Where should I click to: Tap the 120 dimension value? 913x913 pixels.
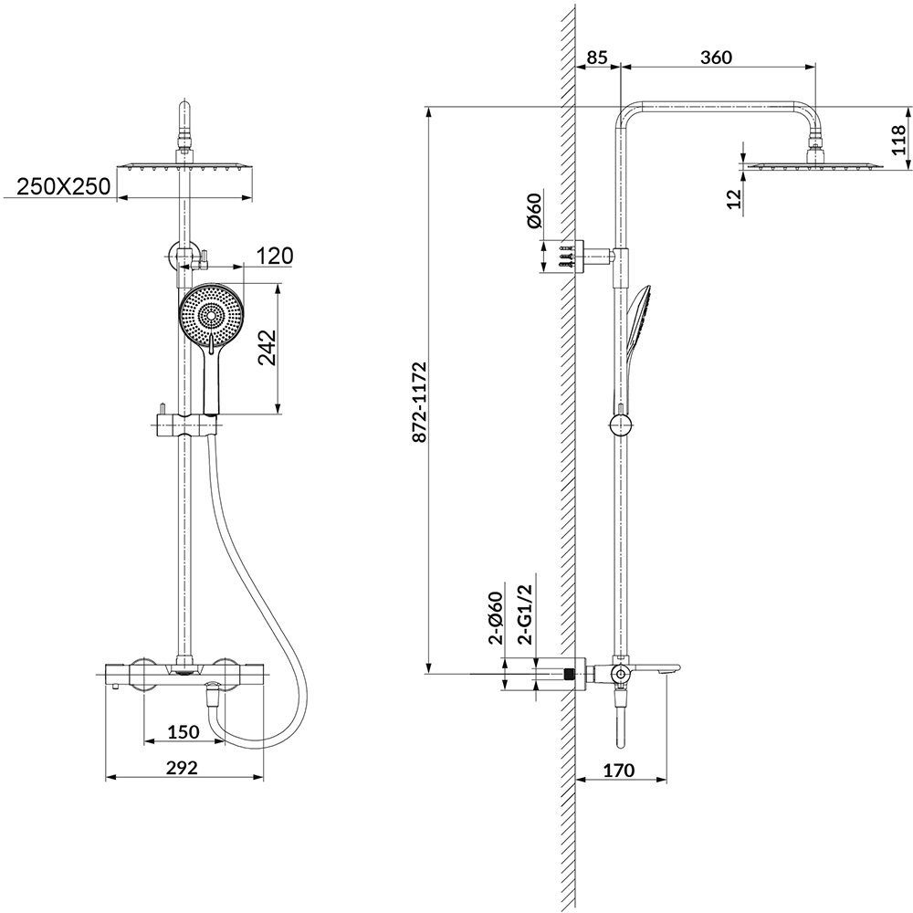click(x=274, y=256)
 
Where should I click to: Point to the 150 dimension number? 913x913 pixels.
click(x=183, y=731)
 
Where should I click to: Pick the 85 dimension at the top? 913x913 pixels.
click(x=598, y=57)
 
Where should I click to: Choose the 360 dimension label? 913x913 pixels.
click(x=715, y=57)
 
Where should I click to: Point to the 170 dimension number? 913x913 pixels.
click(x=619, y=770)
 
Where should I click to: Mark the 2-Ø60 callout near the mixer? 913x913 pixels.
click(x=497, y=618)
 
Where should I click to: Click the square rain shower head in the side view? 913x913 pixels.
click(x=813, y=166)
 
